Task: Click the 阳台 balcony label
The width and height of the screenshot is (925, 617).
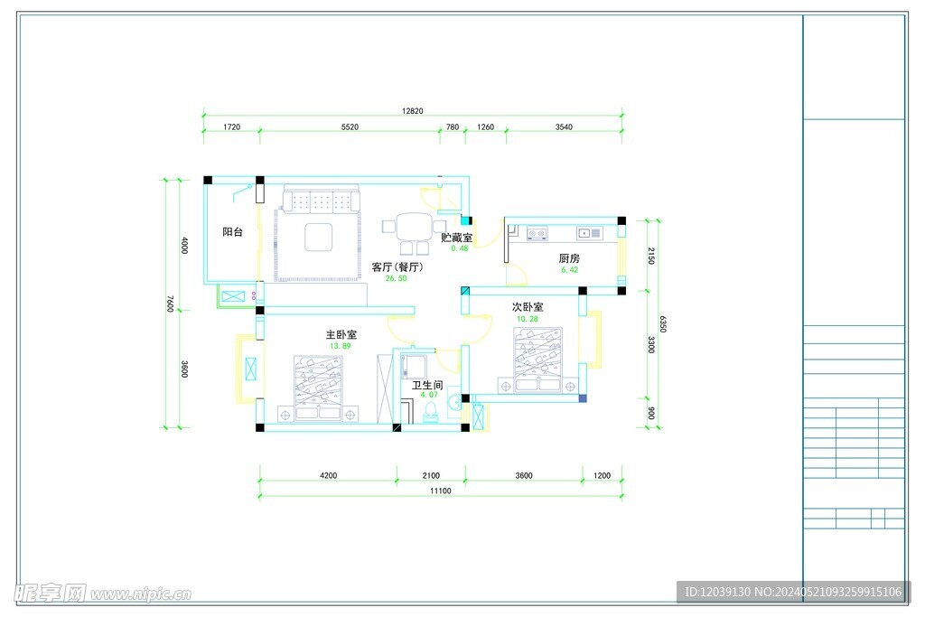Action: [232, 232]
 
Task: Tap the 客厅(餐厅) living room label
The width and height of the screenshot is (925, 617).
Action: [397, 267]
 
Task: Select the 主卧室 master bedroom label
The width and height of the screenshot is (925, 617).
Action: [341, 335]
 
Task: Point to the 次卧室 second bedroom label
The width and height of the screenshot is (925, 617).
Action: [528, 307]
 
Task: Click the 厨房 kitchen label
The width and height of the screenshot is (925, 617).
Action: [569, 258]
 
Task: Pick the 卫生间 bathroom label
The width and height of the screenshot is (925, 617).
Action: [427, 385]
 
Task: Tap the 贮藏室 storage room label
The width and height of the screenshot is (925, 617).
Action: [456, 238]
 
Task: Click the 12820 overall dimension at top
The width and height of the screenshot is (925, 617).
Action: [412, 111]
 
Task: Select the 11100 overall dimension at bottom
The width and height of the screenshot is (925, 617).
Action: [440, 491]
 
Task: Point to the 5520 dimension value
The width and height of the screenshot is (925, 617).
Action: [350, 126]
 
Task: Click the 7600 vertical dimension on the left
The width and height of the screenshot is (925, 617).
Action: [170, 304]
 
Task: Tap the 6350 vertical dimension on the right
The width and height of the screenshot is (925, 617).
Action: [663, 323]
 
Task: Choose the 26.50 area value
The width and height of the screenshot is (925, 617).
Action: [396, 278]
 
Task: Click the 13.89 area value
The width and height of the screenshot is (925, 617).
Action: [340, 346]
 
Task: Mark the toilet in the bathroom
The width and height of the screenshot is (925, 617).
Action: [431, 413]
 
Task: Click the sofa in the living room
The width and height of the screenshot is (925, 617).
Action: [322, 199]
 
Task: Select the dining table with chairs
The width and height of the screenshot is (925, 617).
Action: [414, 232]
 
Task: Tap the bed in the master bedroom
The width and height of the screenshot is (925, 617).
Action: [318, 388]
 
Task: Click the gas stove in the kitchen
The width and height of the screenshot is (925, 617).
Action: [537, 234]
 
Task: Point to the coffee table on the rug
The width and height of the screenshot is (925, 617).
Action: [319, 237]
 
